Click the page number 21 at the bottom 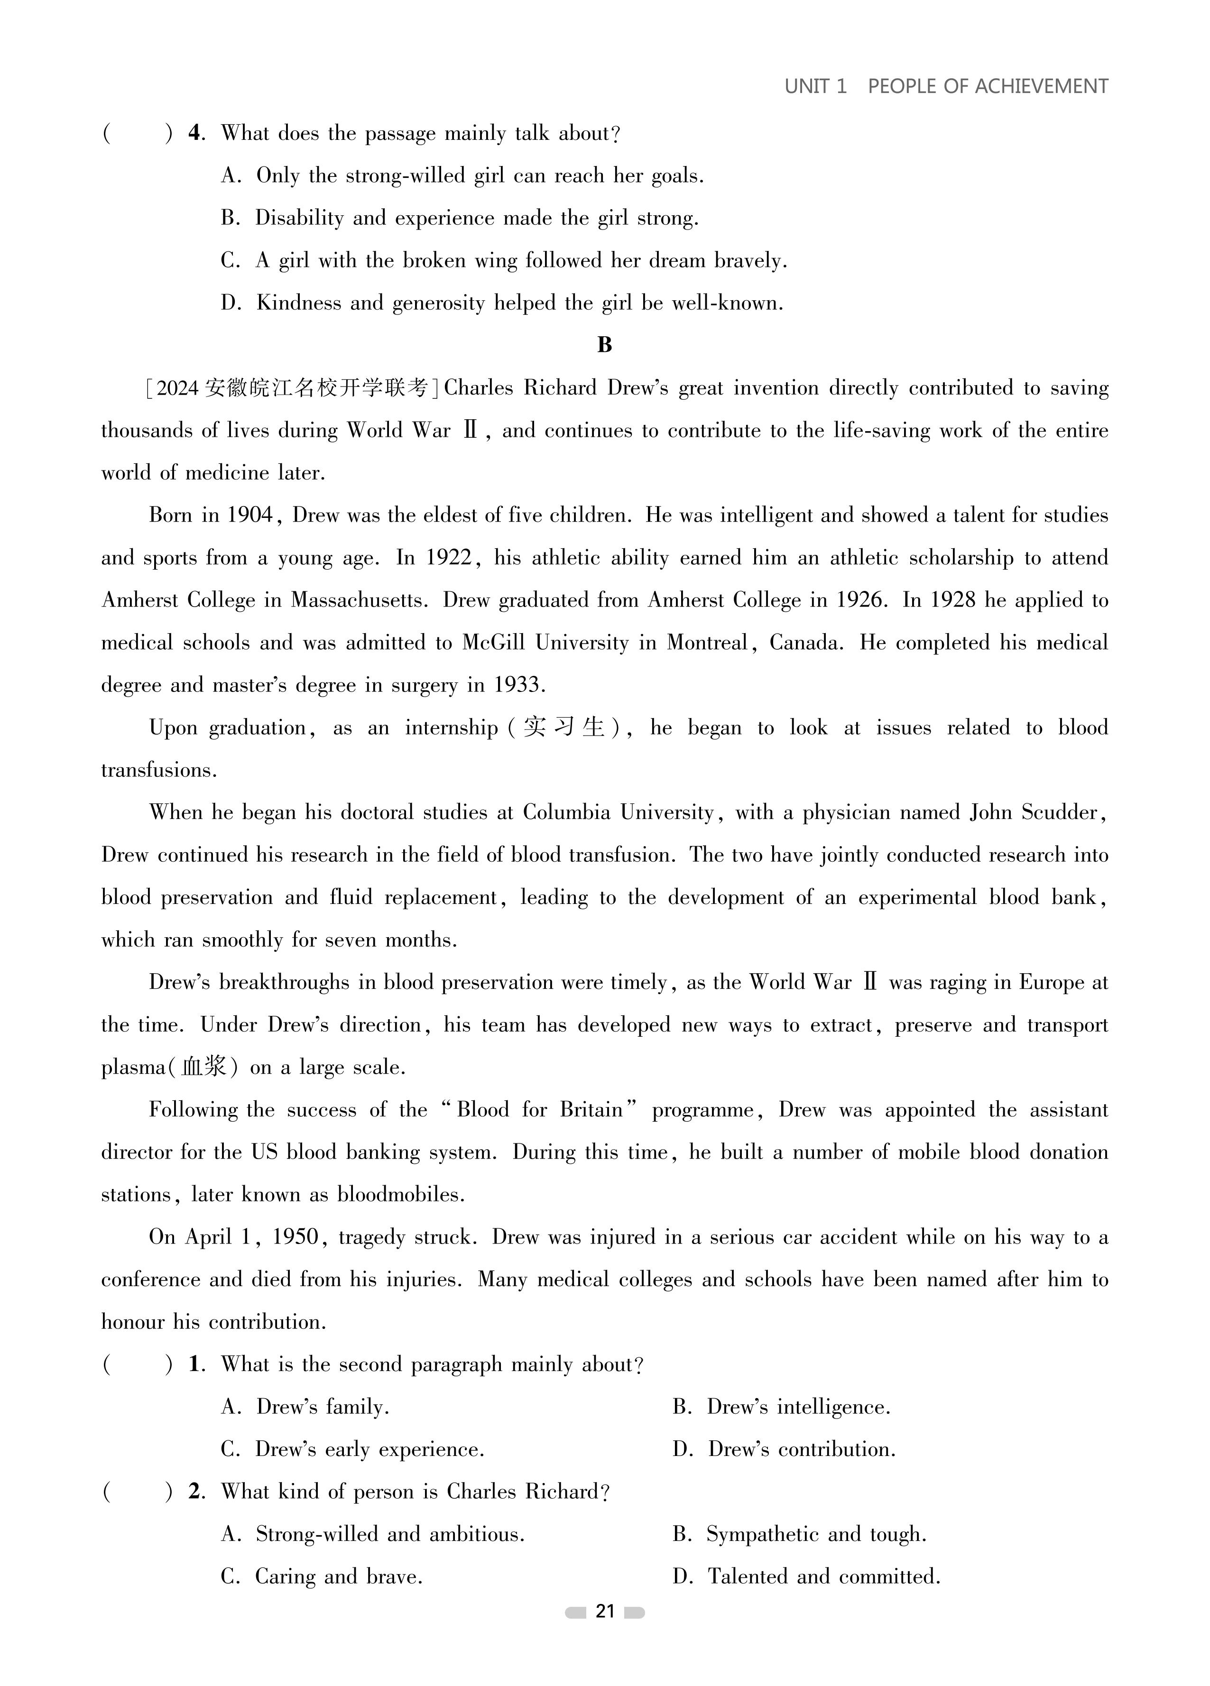point(605,1611)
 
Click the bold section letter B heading point(605,345)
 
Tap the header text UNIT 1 point(815,86)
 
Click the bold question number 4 point(195,133)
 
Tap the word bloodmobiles point(400,1195)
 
